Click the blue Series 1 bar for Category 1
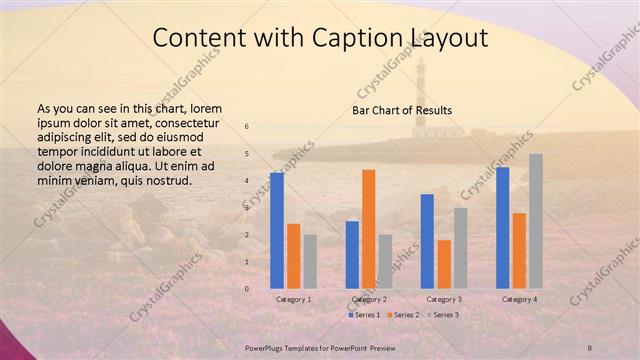click(277, 230)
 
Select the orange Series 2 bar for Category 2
click(369, 228)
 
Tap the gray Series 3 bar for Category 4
click(536, 221)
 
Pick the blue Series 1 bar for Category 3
click(427, 241)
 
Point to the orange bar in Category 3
click(444, 264)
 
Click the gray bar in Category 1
click(310, 261)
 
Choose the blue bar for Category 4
click(503, 227)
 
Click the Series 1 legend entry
click(366, 315)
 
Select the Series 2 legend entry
click(402, 315)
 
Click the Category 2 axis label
click(369, 299)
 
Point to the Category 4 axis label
click(519, 299)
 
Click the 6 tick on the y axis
click(247, 126)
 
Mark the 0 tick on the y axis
click(247, 289)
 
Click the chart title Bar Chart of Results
click(402, 109)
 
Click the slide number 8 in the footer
click(590, 347)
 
